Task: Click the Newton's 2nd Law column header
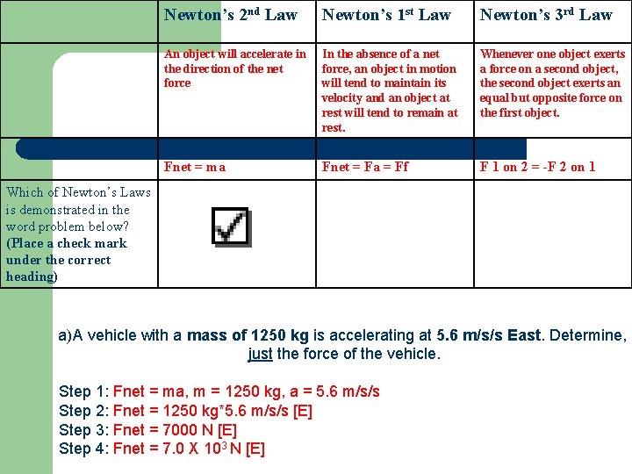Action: tap(231, 15)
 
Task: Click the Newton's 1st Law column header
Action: tap(386, 15)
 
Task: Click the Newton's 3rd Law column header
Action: tap(546, 15)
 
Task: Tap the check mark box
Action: tap(231, 227)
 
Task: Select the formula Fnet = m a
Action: tap(195, 167)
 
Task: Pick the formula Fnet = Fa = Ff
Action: tap(365, 167)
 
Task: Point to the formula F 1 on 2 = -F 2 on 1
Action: tap(537, 167)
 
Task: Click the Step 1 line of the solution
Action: tap(219, 391)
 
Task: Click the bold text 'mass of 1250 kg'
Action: tap(248, 335)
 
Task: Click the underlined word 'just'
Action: tap(260, 355)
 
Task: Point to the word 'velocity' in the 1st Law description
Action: tap(341, 98)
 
